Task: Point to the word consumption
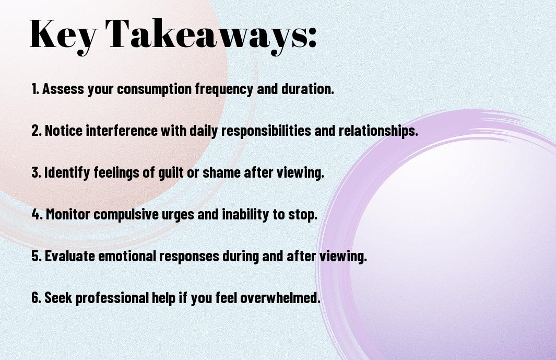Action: [x=154, y=89]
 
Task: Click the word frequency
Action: [x=224, y=89]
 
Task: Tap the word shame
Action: [x=221, y=172]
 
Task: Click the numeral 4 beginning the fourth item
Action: [x=36, y=214]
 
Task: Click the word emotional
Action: [x=127, y=256]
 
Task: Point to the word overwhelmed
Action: [x=280, y=298]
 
